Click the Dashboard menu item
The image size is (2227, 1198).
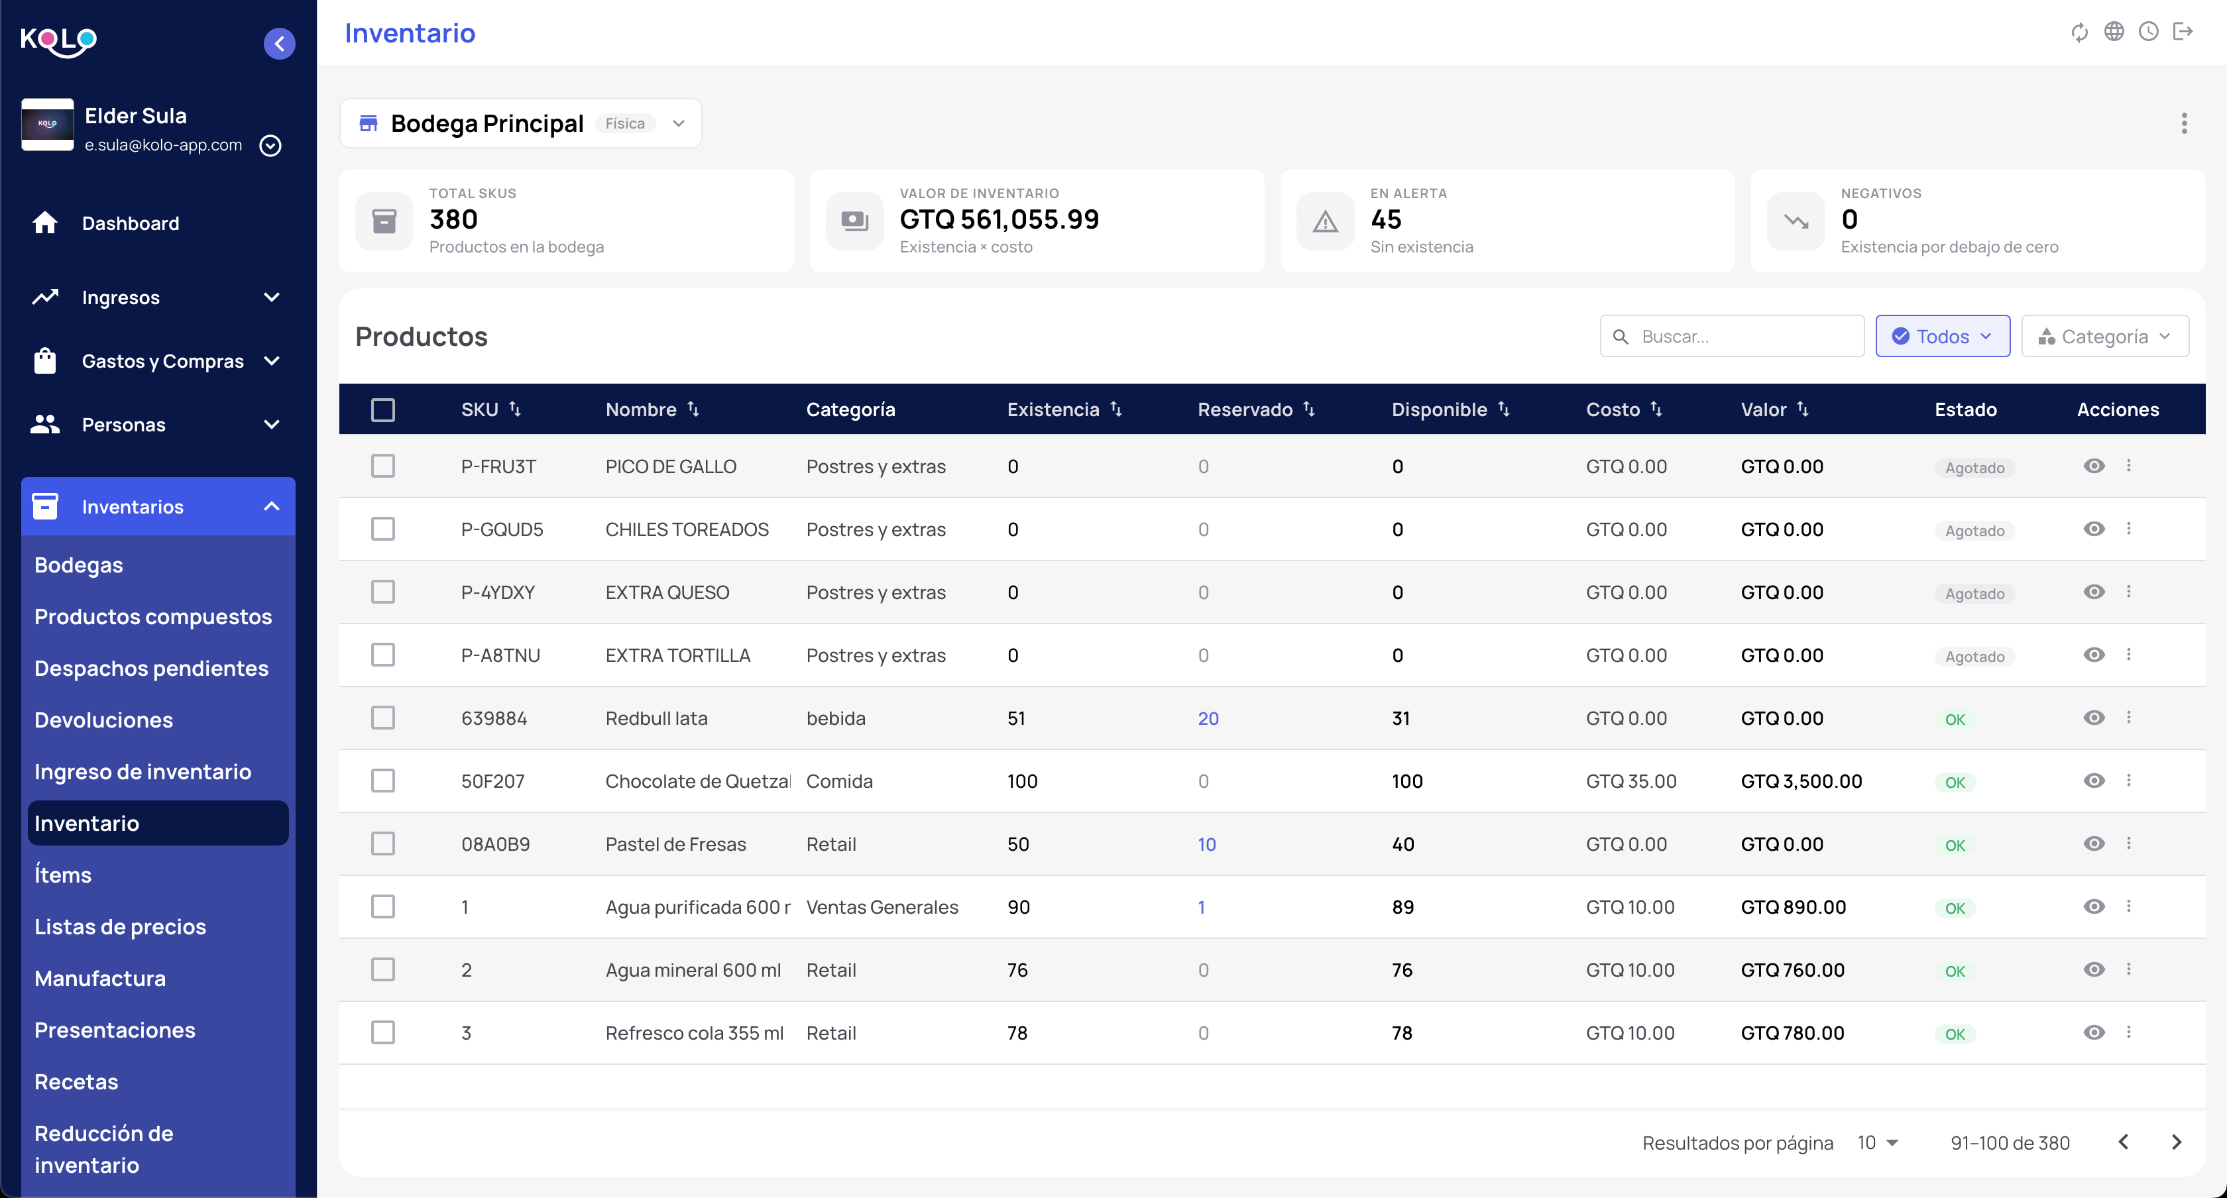tap(130, 223)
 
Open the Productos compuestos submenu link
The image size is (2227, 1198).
tap(153, 616)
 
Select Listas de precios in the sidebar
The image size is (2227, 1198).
tap(120, 926)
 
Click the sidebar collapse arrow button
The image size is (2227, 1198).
tap(279, 43)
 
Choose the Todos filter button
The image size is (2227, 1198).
tap(1943, 336)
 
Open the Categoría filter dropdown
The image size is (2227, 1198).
tap(2104, 336)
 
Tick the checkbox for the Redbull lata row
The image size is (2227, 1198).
tap(383, 718)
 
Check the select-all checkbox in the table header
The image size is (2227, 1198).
tap(383, 409)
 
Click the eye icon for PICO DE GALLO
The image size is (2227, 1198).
tap(2094, 466)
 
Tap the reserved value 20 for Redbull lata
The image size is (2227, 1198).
tap(1208, 718)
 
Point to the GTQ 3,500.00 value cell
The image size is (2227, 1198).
tap(1801, 781)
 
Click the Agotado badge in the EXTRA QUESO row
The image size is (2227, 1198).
tap(1974, 594)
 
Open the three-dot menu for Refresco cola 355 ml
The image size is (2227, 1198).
tap(2128, 1032)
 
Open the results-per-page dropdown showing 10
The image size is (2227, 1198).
tap(1878, 1143)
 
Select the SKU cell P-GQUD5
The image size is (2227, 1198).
tap(502, 530)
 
